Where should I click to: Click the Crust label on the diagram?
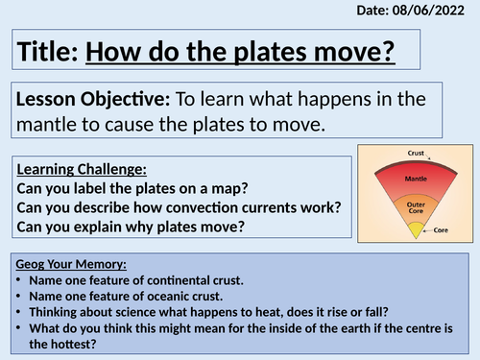[415, 151]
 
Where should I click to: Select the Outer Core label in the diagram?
[415, 206]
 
